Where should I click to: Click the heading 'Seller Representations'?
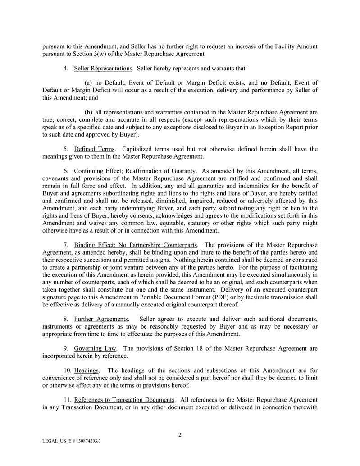[x=103, y=69]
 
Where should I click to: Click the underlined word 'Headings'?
[x=87, y=370]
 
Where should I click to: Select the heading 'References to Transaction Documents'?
[x=124, y=400]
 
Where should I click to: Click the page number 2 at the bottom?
[x=180, y=435]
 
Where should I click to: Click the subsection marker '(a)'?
[x=89, y=83]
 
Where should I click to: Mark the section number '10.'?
[x=68, y=370]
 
